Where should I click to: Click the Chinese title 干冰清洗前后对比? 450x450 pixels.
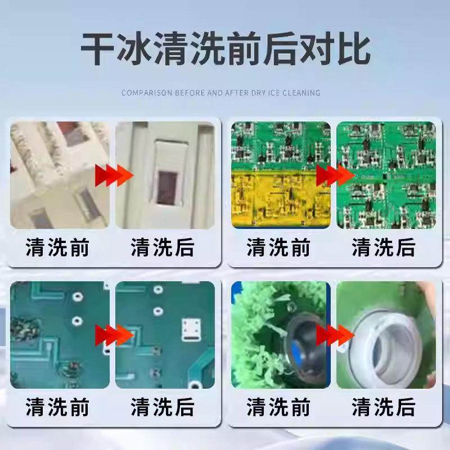225,49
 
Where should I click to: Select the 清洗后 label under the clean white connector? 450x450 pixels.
163,247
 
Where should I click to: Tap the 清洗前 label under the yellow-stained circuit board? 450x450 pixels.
278,247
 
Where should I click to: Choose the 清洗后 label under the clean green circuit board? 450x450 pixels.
384,247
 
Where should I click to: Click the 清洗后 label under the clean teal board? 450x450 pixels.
163,407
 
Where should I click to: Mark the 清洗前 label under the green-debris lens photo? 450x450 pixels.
278,407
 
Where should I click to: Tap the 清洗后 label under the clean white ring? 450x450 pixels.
384,407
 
